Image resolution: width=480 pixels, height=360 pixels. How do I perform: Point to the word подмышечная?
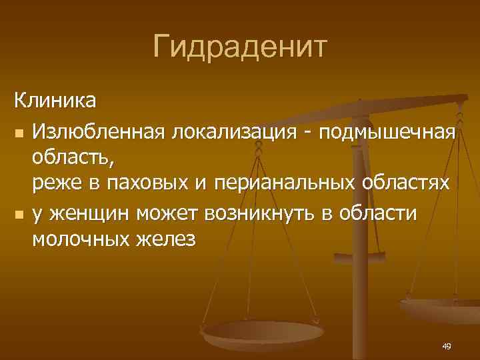[x=387, y=132]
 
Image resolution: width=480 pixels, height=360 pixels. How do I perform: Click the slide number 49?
[x=446, y=346]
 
